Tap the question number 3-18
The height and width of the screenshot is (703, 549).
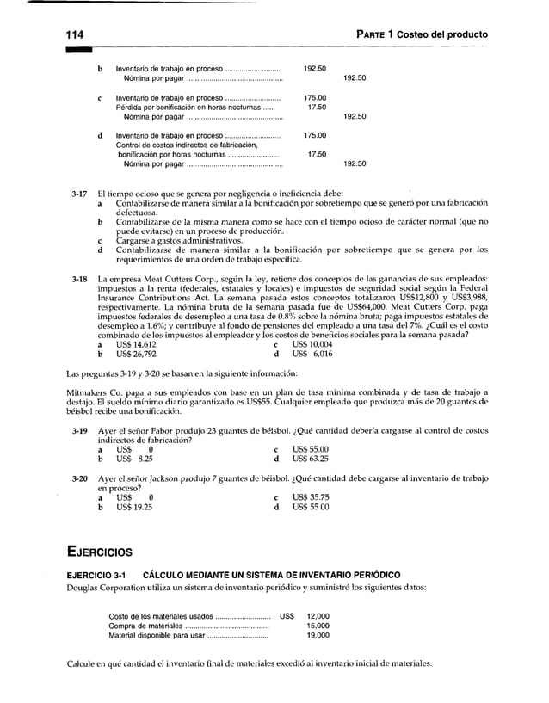[78, 281]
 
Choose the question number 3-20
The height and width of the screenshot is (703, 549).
[78, 478]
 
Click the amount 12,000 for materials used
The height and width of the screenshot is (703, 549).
[318, 616]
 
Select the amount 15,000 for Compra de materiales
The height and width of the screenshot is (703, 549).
[318, 626]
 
